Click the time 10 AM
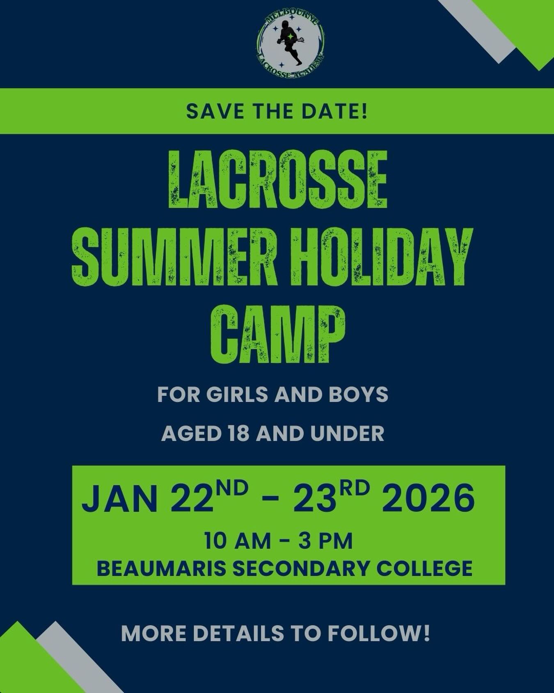coord(237,541)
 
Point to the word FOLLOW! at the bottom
coord(379,634)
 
